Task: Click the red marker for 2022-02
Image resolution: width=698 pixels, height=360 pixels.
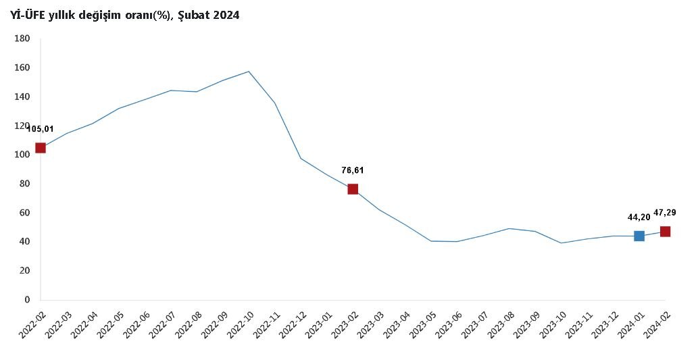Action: [x=41, y=148]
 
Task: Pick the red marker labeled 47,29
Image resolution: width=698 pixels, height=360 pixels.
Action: [x=665, y=232]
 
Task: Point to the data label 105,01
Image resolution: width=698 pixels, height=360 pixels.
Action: [x=41, y=128]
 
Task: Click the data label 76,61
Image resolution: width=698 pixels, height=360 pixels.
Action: [x=353, y=171]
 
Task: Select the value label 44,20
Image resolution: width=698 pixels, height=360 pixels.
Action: [x=639, y=217]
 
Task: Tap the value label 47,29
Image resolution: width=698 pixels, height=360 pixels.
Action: [x=665, y=213]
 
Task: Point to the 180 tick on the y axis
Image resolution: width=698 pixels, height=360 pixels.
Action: [x=22, y=39]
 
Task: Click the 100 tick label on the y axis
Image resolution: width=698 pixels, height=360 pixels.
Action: [x=22, y=155]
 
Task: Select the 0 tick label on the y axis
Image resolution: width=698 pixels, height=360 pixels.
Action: [x=28, y=299]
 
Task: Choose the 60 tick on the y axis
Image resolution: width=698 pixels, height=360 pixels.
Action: [x=24, y=213]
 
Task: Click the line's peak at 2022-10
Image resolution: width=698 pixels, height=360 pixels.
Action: [x=249, y=72]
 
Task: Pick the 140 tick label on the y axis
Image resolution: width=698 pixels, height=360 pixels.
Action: [x=22, y=97]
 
